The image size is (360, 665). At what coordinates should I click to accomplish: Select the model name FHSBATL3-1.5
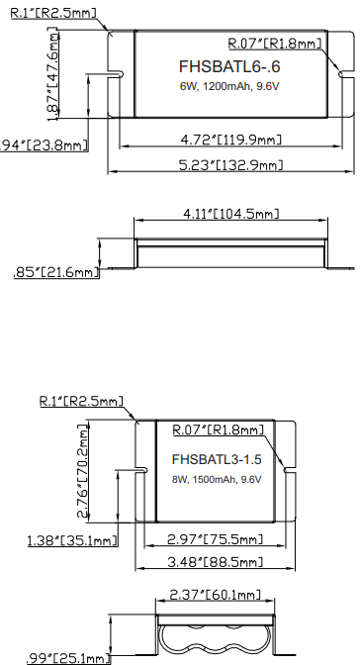point(218,460)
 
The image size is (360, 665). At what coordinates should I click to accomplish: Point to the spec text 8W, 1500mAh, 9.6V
point(218,480)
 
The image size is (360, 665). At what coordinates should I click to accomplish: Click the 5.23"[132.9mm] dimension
point(227,164)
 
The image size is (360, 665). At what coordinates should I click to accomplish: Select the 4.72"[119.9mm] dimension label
point(227,138)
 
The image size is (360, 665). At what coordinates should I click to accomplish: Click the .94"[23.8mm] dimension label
point(45,145)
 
